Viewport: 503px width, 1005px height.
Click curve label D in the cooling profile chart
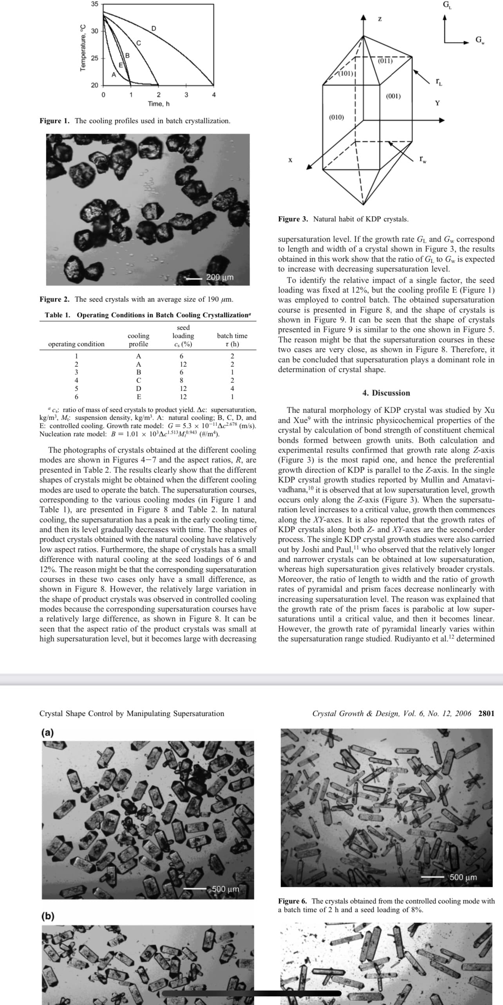154,28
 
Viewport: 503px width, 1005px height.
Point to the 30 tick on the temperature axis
94,31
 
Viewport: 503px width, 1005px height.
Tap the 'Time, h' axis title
159,104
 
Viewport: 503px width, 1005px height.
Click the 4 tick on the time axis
214,94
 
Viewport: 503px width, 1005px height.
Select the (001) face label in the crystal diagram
393,96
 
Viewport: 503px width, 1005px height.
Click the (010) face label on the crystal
337,117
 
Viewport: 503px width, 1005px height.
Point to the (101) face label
346,73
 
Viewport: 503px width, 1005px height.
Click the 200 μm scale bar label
220,277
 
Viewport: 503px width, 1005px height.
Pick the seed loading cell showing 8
181,380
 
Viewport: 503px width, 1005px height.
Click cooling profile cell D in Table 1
138,389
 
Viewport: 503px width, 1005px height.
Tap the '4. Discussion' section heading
386,393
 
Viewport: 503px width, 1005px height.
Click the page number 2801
486,713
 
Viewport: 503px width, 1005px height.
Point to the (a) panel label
48,733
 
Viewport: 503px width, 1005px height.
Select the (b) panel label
48,916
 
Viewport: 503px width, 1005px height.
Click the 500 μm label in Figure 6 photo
463,877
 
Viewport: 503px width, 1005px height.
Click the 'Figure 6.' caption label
293,901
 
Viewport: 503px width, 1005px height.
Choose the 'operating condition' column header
76,344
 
